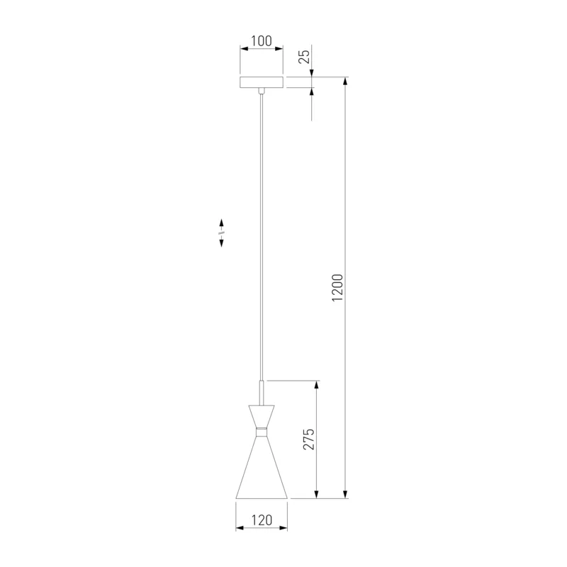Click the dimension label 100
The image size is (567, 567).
(262, 41)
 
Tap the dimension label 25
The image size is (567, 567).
(305, 57)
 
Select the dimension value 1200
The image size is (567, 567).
(337, 288)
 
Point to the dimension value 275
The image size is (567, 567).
(308, 439)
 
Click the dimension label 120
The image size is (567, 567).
(262, 520)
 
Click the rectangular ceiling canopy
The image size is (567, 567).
(262, 82)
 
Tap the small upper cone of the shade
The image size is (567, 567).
(262, 416)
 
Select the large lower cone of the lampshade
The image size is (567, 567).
(262, 468)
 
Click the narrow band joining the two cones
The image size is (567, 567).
(262, 432)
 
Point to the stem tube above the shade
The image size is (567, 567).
(262, 393)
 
